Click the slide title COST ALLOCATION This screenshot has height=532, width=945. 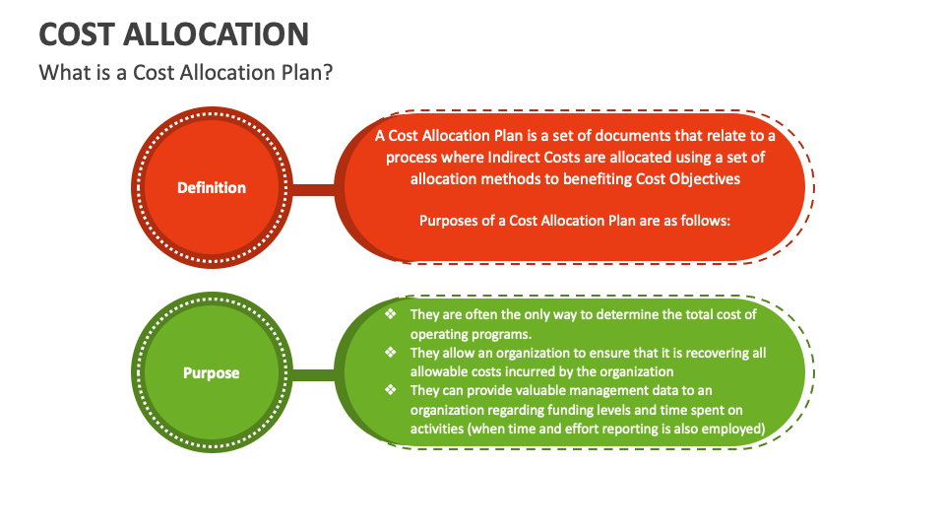pyautogui.click(x=173, y=34)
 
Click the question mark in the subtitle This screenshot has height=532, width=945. pyautogui.click(x=327, y=72)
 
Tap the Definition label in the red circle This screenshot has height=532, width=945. pyautogui.click(x=212, y=187)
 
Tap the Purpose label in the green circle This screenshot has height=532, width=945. pyautogui.click(x=212, y=372)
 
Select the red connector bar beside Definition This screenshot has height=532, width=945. pyautogui.click(x=313, y=190)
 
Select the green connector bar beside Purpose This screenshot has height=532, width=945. pyautogui.click(x=313, y=375)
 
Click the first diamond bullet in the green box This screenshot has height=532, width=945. pyautogui.click(x=391, y=313)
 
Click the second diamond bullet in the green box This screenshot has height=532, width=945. pyautogui.click(x=391, y=353)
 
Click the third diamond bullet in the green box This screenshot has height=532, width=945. pyautogui.click(x=391, y=390)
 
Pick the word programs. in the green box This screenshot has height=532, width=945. pyautogui.click(x=500, y=335)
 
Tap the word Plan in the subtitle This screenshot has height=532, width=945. pyautogui.click(x=301, y=72)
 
